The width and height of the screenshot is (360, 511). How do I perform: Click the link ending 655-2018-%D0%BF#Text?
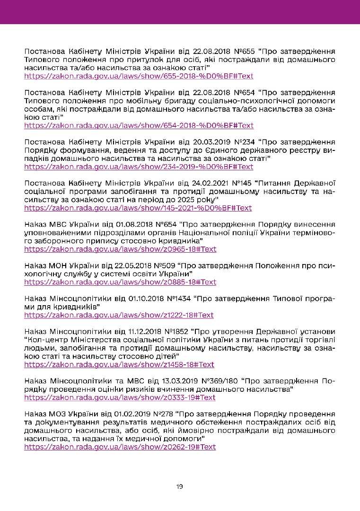(139, 76)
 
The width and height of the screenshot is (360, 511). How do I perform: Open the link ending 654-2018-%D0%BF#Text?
(139, 125)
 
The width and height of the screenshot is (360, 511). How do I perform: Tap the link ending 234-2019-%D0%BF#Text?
(139, 167)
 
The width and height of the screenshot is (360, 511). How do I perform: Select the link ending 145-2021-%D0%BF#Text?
(138, 208)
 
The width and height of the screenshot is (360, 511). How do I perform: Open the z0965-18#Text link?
(120, 249)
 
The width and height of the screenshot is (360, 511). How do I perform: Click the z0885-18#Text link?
(120, 282)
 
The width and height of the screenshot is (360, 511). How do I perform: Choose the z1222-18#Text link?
(119, 315)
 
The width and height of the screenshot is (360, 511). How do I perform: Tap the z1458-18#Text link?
(119, 364)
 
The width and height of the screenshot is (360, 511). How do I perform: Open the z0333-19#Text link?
(120, 397)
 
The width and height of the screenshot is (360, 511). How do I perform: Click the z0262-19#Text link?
(120, 447)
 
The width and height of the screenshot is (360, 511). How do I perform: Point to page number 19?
(180, 486)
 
